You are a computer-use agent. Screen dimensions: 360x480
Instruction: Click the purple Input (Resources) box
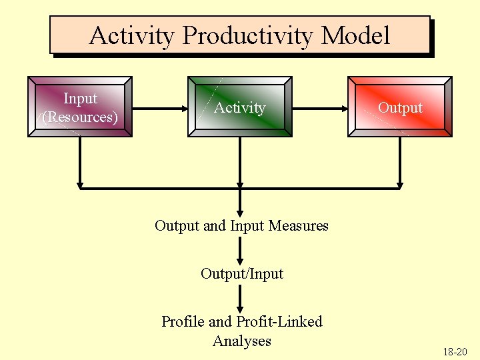pyautogui.click(x=80, y=107)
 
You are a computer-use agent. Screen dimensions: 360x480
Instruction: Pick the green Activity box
pyautogui.click(x=240, y=107)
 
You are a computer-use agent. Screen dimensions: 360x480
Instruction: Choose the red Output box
pyautogui.click(x=400, y=107)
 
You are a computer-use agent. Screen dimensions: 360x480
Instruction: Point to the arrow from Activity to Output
pyautogui.click(x=320, y=107)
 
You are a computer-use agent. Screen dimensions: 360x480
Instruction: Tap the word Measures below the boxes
pyautogui.click(x=297, y=225)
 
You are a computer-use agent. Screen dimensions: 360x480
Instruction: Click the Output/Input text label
pyautogui.click(x=241, y=273)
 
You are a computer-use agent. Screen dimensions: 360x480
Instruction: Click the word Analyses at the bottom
pyautogui.click(x=241, y=341)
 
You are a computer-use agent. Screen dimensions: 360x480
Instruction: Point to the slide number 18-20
pyautogui.click(x=455, y=351)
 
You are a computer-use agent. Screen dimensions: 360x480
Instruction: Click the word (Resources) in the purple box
pyautogui.click(x=80, y=117)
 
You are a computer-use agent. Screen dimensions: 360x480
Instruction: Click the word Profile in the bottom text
pyautogui.click(x=184, y=321)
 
